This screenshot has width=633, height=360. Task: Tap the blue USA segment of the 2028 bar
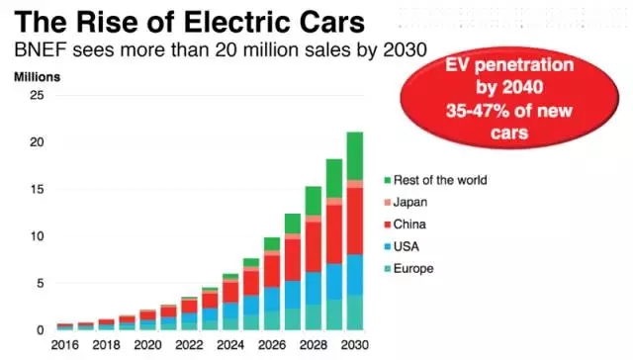click(314, 288)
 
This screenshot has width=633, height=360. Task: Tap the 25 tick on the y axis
click(37, 95)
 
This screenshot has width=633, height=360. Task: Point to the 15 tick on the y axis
click(37, 189)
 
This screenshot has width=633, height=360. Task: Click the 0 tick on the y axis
click(40, 330)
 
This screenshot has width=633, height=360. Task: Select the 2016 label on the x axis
click(64, 346)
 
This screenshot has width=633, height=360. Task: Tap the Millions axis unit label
click(38, 76)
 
